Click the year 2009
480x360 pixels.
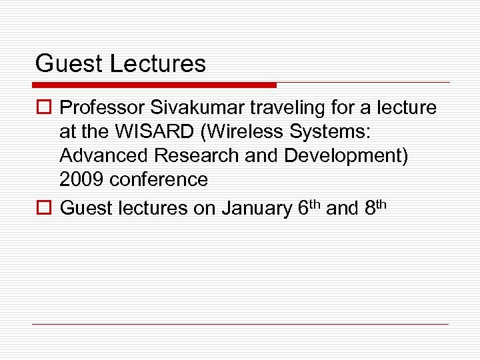[82, 179]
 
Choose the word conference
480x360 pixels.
[159, 179]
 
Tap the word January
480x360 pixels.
[255, 209]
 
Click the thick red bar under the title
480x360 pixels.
[154, 85]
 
